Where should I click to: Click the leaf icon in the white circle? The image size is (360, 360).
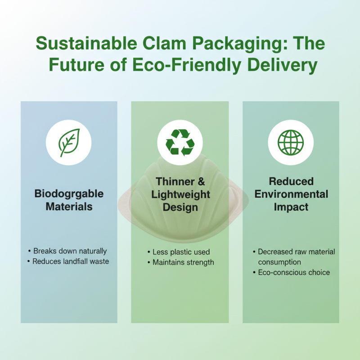click(69, 143)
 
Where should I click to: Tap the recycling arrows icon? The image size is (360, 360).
click(180, 143)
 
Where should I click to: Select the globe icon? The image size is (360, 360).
click(290, 143)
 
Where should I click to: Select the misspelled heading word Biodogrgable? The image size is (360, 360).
click(69, 194)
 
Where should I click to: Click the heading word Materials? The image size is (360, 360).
click(69, 207)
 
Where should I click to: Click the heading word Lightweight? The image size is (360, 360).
click(180, 194)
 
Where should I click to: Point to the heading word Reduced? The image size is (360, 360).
click(291, 182)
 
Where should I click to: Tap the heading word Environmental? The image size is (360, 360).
click(291, 194)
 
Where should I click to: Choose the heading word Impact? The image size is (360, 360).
click(291, 207)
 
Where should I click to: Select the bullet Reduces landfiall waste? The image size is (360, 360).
click(70, 261)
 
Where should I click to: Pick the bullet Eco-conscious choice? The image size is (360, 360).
click(294, 272)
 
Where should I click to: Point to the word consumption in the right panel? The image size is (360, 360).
click(279, 262)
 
